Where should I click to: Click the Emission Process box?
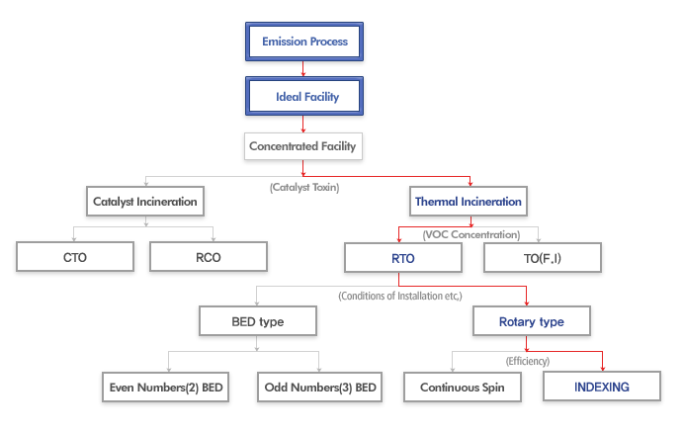tap(304, 42)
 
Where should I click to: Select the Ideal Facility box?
tap(304, 96)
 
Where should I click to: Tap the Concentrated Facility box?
tap(303, 146)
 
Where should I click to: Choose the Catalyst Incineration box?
tap(145, 202)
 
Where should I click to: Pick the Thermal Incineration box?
tap(469, 202)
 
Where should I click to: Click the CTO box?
tap(75, 257)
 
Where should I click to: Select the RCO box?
tap(209, 257)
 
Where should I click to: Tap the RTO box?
tap(403, 258)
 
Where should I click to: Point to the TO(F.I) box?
tap(543, 258)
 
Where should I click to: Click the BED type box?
tap(258, 321)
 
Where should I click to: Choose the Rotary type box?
tap(532, 321)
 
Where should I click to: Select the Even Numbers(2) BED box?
tap(166, 387)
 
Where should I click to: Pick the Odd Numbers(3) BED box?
tap(319, 387)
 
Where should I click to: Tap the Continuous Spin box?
tap(463, 387)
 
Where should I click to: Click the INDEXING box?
tap(602, 386)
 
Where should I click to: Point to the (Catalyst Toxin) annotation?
tap(304, 187)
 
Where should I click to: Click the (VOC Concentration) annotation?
tap(471, 234)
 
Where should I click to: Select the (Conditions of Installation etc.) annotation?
tap(400, 296)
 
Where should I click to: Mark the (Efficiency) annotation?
tap(528, 361)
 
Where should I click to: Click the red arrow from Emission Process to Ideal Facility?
tap(303, 69)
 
